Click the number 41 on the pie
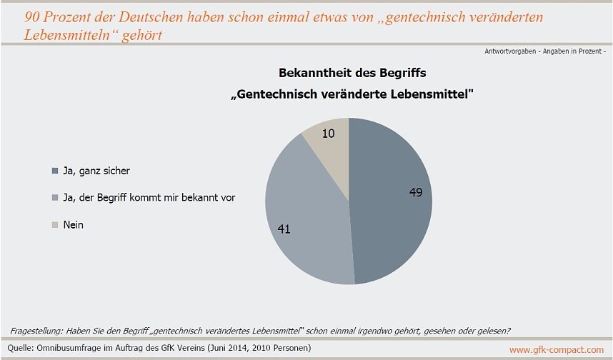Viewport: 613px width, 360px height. pos(284,229)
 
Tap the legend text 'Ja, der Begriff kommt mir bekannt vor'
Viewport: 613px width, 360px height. pos(149,198)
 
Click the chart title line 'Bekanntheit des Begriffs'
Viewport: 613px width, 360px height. pos(352,73)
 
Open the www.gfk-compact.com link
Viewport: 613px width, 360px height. pos(556,349)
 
